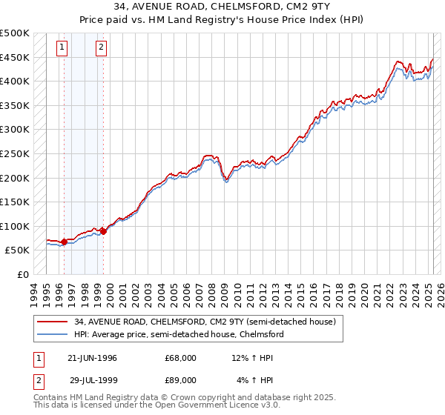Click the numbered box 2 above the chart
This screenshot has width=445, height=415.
(100, 49)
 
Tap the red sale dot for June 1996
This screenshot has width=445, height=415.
(65, 242)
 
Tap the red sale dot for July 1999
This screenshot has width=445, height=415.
(103, 231)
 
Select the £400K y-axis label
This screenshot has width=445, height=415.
(15, 81)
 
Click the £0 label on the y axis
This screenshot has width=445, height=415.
(22, 274)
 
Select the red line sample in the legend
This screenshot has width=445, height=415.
(53, 322)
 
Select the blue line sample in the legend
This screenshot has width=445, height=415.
(53, 334)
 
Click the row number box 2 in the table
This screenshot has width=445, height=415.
(39, 380)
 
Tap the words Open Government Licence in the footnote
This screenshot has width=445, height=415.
(224, 406)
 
